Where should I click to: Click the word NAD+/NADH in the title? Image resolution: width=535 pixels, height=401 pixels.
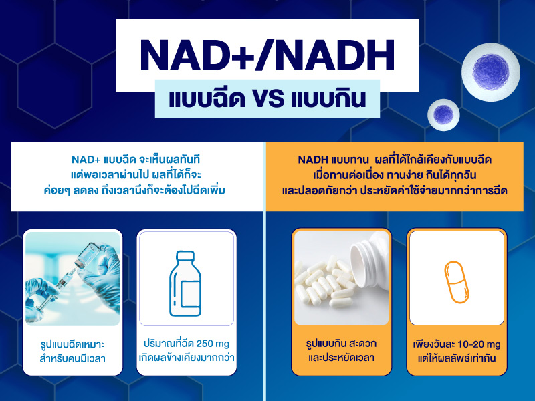tap(267, 54)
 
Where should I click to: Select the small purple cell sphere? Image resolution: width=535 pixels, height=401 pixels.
tap(443, 114)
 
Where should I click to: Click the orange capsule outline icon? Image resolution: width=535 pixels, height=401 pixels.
tap(455, 281)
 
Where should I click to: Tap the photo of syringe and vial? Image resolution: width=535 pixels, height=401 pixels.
tap(73, 278)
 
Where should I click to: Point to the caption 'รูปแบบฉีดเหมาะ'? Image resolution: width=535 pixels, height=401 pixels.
tap(73, 345)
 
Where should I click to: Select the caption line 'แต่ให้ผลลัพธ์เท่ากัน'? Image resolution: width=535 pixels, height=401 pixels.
tap(455, 357)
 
